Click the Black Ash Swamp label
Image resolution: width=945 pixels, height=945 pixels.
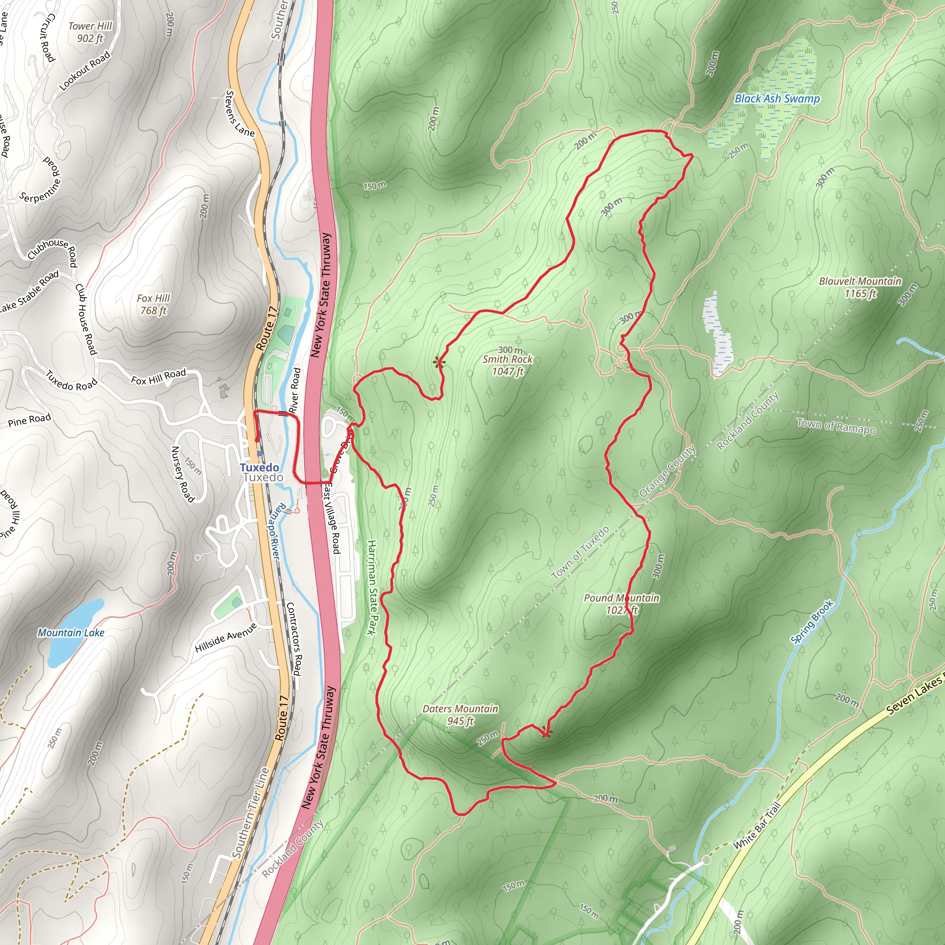click(x=777, y=99)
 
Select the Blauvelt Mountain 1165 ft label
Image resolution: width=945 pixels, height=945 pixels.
click(x=860, y=287)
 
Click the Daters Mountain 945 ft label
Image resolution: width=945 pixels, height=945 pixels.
click(x=460, y=715)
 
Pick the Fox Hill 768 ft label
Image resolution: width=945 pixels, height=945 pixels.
click(x=153, y=304)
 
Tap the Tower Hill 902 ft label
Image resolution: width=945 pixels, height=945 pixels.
click(x=90, y=32)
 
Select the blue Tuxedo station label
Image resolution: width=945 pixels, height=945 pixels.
click(x=259, y=467)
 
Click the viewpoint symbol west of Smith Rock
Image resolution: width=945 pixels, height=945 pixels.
click(x=439, y=362)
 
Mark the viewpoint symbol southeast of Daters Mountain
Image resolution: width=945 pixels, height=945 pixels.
click(x=546, y=732)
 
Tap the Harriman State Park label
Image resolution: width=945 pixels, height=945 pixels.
click(x=373, y=587)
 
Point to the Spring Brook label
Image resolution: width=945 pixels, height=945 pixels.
click(x=812, y=622)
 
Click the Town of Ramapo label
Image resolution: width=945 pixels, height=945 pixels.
click(x=836, y=426)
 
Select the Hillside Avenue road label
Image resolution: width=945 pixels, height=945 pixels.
click(x=226, y=638)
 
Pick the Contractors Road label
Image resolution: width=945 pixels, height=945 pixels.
click(x=293, y=639)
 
